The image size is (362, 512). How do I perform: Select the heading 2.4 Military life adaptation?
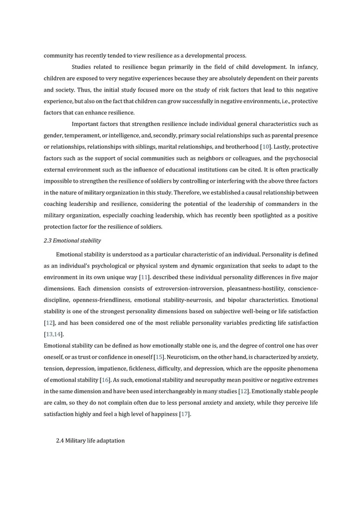pos(90,440)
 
